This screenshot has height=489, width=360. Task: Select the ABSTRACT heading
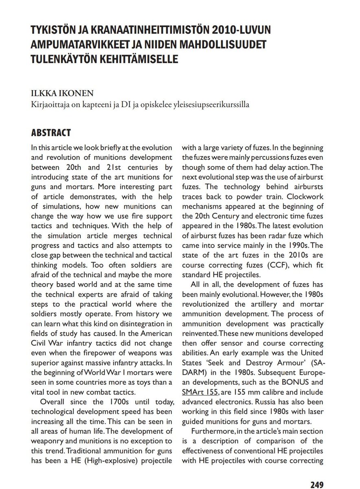point(51,133)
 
